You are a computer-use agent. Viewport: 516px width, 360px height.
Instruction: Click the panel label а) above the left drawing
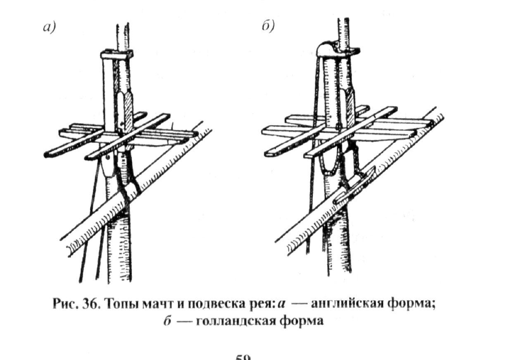49,28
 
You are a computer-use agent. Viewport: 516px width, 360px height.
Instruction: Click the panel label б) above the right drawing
268,27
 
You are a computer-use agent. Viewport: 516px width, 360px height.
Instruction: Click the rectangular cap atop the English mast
117,53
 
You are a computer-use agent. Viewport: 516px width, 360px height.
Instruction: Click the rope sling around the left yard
131,186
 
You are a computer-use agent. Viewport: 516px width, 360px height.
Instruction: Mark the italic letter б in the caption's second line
166,321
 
